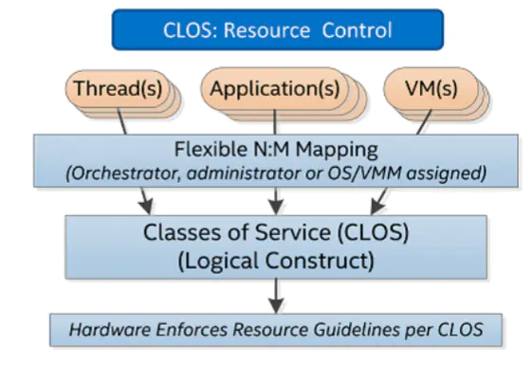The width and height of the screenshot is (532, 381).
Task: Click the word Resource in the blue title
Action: (266, 30)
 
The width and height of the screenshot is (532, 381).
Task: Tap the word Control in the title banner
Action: (357, 30)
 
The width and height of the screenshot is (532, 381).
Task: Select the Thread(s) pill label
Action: (118, 89)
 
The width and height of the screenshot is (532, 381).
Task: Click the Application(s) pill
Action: (274, 89)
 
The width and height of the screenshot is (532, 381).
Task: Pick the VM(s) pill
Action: (431, 89)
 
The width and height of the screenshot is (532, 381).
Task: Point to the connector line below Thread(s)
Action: (122, 121)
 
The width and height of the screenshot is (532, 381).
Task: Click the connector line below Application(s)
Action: (274, 122)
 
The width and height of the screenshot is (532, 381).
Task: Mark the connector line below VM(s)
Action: (424, 122)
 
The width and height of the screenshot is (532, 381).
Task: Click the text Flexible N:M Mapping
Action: (276, 149)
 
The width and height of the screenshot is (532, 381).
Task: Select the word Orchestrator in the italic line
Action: (123, 173)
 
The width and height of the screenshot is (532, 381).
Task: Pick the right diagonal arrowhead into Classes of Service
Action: (376, 207)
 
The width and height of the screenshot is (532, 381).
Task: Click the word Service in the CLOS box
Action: (292, 232)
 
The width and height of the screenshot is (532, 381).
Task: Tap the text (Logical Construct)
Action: (276, 261)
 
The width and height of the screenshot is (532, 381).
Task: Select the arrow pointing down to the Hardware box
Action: (276, 296)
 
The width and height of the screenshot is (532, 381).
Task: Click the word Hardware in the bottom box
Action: (110, 330)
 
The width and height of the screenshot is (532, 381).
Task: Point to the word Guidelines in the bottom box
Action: (357, 330)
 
